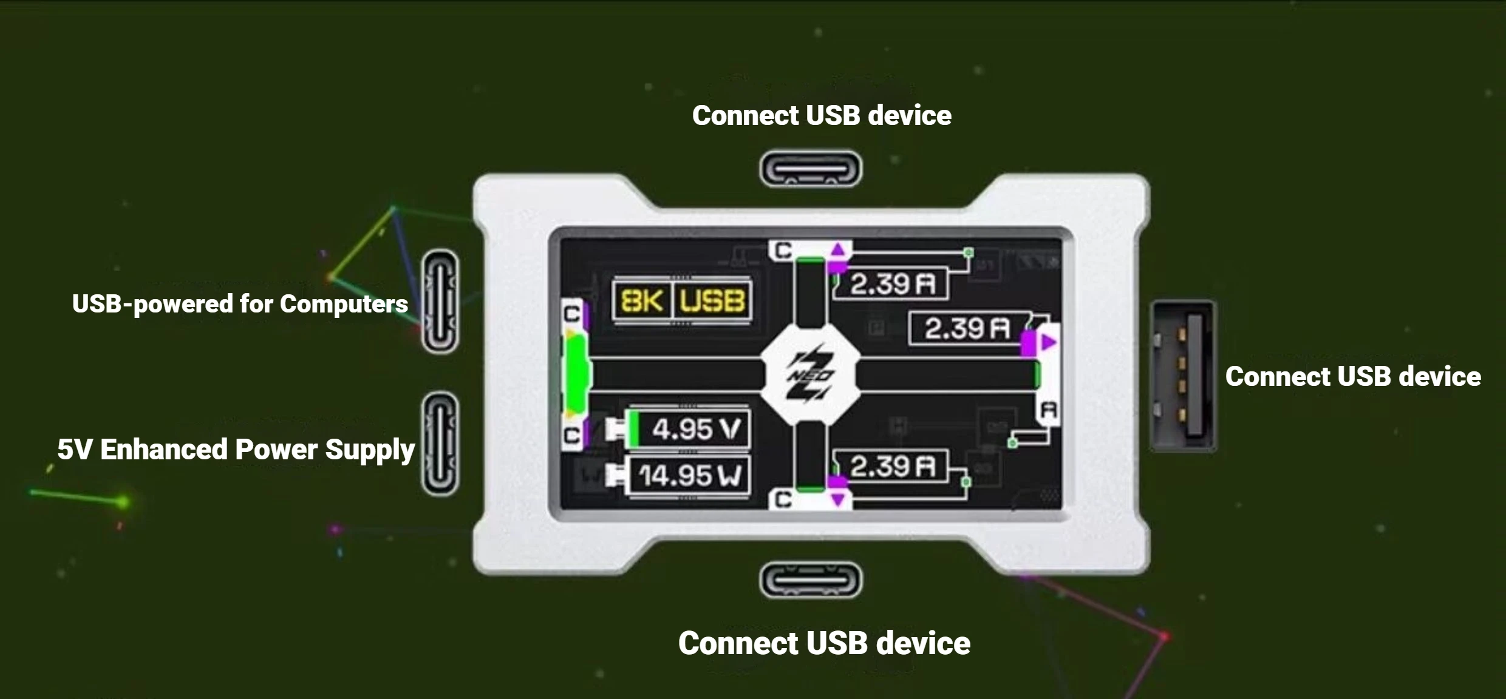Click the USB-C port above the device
(811, 169)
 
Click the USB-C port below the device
(811, 580)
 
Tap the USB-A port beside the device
(1183, 376)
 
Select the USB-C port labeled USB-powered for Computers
(440, 301)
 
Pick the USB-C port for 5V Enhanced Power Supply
(440, 444)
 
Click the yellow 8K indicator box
(642, 300)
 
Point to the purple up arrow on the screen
(839, 249)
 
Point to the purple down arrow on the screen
(839, 500)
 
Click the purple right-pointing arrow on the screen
(1049, 343)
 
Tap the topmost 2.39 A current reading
(892, 283)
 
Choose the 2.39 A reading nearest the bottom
(892, 467)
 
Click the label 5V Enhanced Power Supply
(236, 450)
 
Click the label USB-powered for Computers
(240, 304)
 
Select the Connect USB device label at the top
(822, 115)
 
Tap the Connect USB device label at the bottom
(824, 643)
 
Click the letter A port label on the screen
(1049, 411)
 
